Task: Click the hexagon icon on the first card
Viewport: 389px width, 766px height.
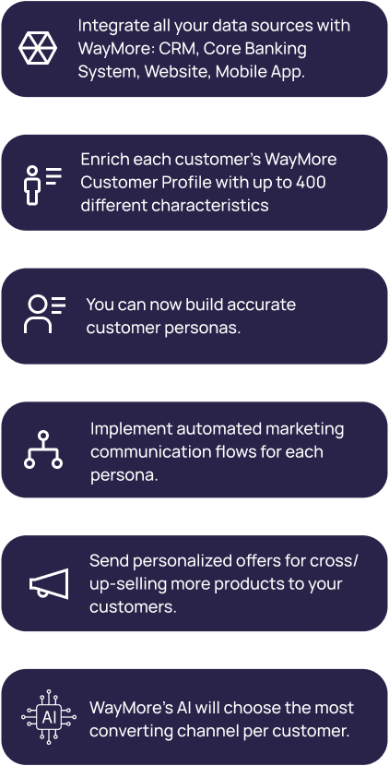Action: (x=38, y=48)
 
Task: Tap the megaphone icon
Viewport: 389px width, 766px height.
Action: (x=49, y=583)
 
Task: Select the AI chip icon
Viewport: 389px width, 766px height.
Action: (x=49, y=717)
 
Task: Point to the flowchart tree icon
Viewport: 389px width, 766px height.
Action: (x=43, y=449)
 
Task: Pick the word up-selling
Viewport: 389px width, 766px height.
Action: (x=125, y=585)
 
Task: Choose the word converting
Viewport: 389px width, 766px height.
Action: (x=131, y=731)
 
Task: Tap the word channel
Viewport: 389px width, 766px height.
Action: (x=206, y=730)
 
